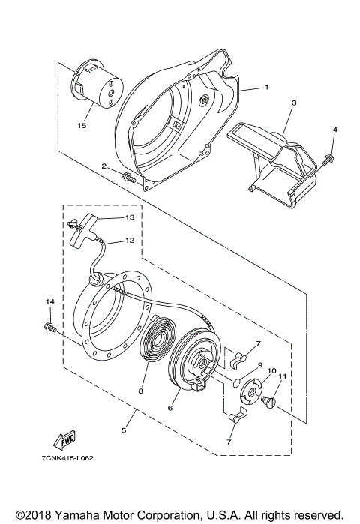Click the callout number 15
coord(82,126)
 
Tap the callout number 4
coord(335,130)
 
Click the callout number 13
coord(129,217)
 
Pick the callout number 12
coord(129,241)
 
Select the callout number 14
coord(50,301)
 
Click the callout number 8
coord(139,391)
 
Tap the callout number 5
coord(124,432)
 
